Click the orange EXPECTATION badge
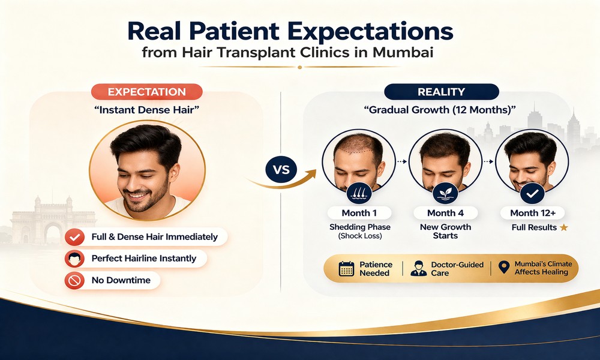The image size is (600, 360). (146, 92)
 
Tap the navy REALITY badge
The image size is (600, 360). (441, 92)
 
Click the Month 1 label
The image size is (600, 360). (359, 213)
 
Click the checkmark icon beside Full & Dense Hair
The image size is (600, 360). (74, 236)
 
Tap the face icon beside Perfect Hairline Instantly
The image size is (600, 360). (74, 259)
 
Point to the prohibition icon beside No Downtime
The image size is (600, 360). (74, 280)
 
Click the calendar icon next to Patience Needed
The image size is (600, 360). (346, 268)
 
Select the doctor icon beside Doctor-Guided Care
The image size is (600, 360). (418, 268)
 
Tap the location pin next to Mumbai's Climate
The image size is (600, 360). (503, 268)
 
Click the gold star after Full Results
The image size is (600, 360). (563, 228)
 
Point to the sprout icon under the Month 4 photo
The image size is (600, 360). (446, 193)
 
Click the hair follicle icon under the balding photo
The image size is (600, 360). (358, 193)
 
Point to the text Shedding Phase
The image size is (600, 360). (359, 227)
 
